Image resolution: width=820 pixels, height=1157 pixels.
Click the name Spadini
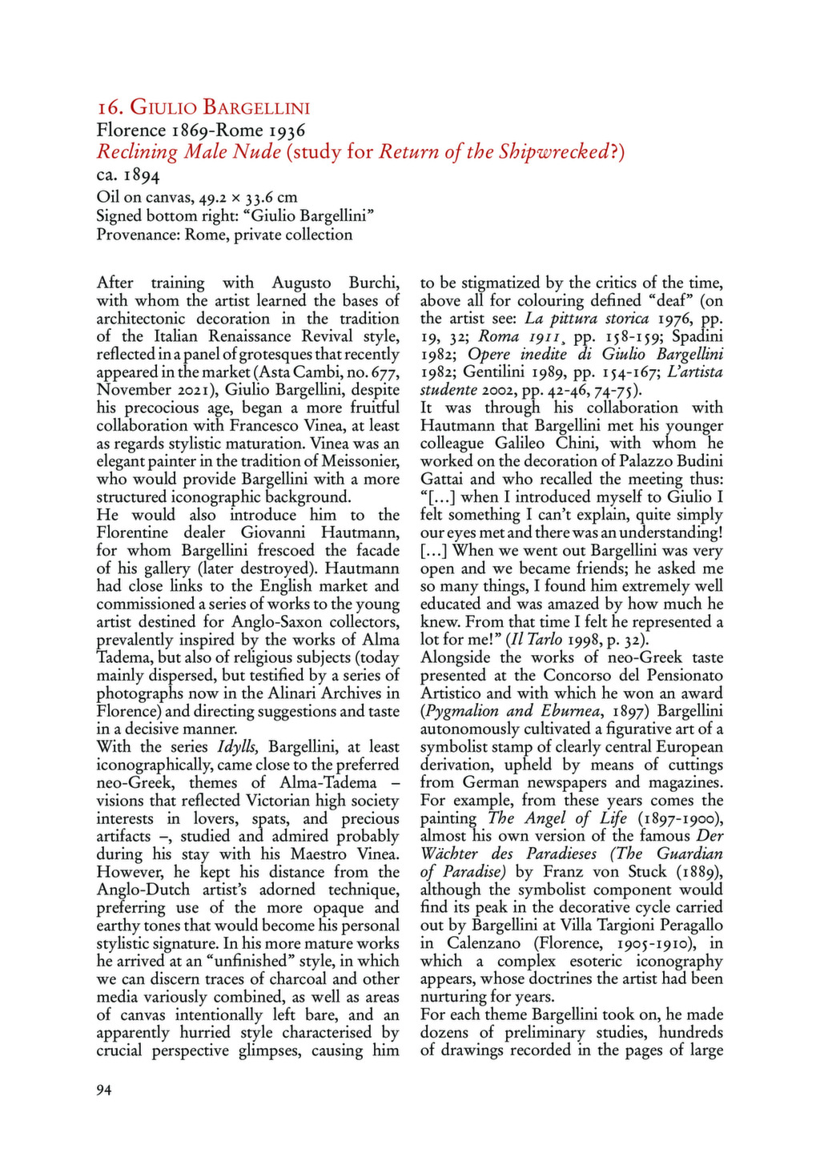tap(697, 336)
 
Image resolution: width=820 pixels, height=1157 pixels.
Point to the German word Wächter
tap(452, 854)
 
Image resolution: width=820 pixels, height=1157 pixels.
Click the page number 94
tap(104, 1090)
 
